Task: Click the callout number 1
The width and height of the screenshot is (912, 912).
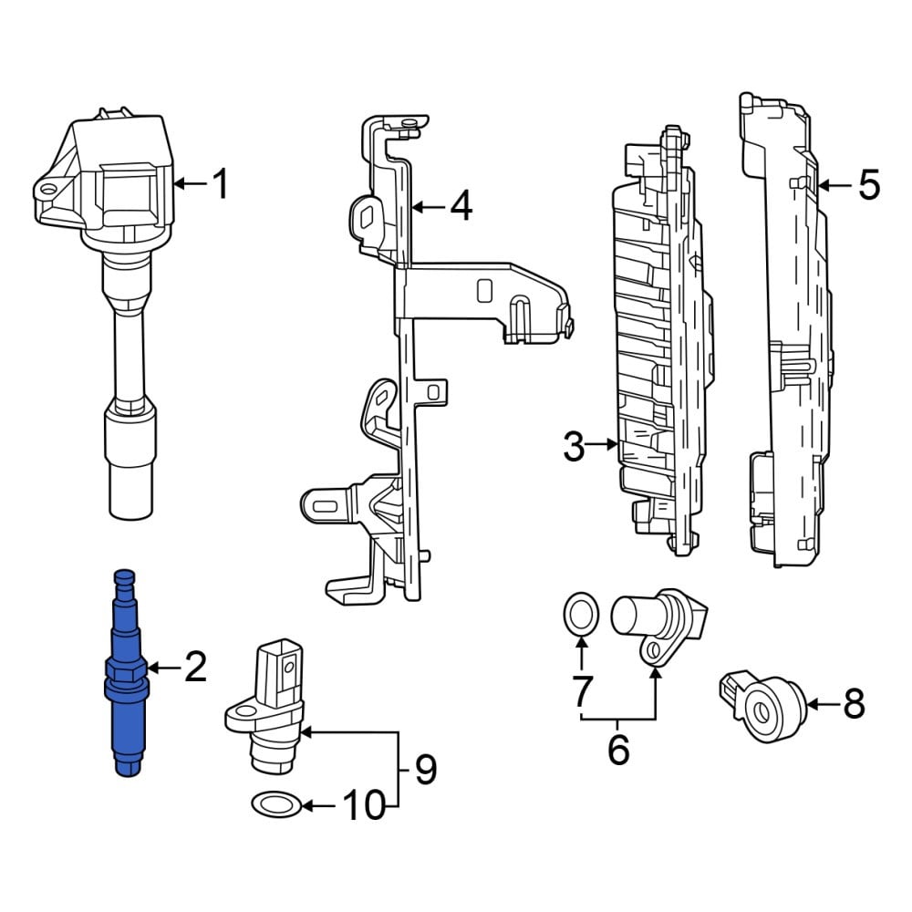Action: (x=220, y=184)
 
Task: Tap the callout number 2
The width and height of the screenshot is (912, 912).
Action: (x=195, y=668)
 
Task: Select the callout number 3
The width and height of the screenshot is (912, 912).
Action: (x=574, y=447)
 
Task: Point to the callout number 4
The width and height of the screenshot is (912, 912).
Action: (x=461, y=206)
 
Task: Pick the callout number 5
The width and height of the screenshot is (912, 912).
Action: (x=869, y=185)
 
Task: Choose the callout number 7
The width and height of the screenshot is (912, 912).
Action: (x=581, y=690)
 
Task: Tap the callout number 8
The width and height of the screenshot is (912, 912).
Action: (x=854, y=704)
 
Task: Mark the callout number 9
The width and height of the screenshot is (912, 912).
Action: (x=426, y=769)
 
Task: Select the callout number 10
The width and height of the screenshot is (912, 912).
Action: (x=365, y=805)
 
